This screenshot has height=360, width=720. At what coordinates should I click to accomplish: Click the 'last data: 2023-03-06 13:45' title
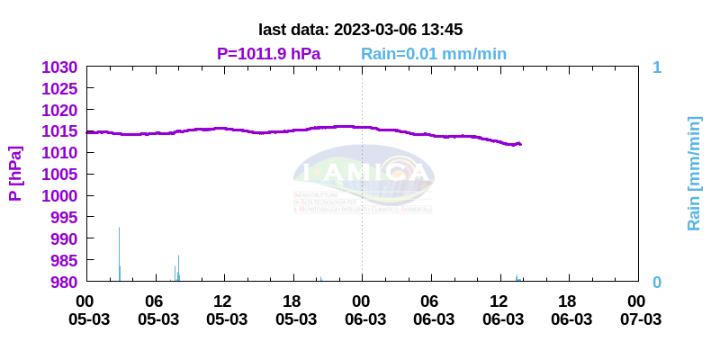coord(360,30)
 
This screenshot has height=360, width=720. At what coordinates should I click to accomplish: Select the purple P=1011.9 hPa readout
coord(268,54)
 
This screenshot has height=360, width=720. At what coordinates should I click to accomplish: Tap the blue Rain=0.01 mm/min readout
coord(434,54)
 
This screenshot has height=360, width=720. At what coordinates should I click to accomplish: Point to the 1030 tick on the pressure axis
coord(61,67)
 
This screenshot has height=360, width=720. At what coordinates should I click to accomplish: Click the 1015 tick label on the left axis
coord(61,131)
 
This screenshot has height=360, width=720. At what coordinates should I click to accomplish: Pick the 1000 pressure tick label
coord(61,196)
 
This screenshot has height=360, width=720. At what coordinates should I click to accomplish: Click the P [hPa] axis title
coord(15,174)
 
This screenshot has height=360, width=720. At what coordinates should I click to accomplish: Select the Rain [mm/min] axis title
coord(694,174)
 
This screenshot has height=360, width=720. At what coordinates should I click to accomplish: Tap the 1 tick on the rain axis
coord(657,67)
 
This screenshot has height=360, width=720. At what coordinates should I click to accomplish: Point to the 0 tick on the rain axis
coord(657,282)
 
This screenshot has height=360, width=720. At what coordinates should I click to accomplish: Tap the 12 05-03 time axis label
coord(223,310)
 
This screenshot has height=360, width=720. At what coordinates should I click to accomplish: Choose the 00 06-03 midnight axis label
coord(362,310)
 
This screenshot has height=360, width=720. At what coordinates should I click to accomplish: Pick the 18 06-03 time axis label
coord(568,310)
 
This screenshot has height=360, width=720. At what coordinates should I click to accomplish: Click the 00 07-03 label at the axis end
coord(637,310)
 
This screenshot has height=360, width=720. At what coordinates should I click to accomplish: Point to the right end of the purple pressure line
coord(520,144)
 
